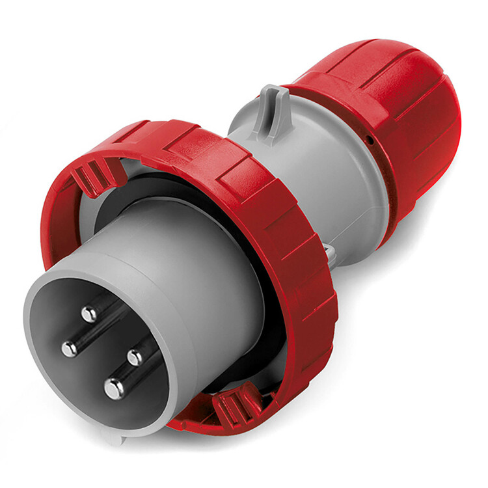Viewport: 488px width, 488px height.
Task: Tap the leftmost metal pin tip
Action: (70, 349)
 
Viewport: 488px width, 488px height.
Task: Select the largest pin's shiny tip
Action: (114, 389)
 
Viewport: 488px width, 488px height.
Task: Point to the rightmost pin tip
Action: (135, 357)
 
